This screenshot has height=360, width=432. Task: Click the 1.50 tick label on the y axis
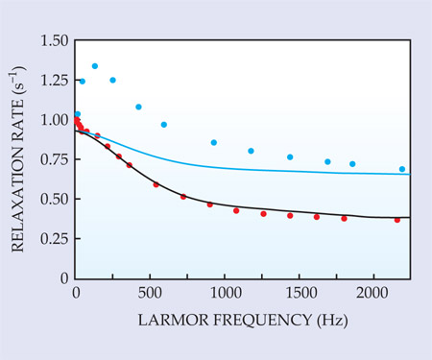click(x=55, y=40)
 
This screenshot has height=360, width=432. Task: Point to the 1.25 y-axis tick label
click(x=55, y=80)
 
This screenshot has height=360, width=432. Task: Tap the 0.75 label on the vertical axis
click(x=55, y=159)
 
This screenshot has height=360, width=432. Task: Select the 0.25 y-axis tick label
click(x=55, y=239)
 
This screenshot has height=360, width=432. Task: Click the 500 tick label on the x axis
click(x=150, y=293)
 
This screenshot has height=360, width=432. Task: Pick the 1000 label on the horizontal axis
click(x=226, y=293)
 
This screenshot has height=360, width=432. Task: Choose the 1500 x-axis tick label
click(x=300, y=293)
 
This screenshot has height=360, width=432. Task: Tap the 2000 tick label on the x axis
click(x=372, y=293)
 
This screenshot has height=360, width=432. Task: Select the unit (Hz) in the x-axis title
click(x=332, y=321)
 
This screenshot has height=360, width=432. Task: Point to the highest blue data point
click(x=95, y=66)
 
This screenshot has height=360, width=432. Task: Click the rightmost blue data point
click(x=402, y=169)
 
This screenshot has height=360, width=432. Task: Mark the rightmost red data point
click(x=397, y=220)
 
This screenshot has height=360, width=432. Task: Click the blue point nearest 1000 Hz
click(x=214, y=142)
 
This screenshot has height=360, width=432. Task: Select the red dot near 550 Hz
click(x=156, y=184)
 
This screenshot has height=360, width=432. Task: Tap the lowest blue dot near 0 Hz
click(x=78, y=114)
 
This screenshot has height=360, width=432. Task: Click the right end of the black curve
click(x=410, y=218)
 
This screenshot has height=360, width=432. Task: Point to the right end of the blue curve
click(x=410, y=175)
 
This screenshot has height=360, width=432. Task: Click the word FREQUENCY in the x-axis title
click(x=262, y=320)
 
